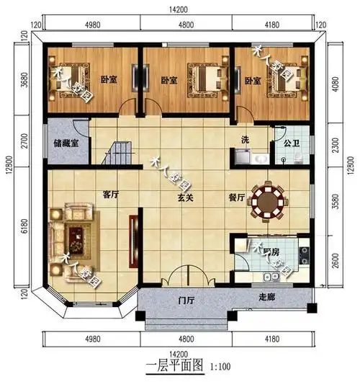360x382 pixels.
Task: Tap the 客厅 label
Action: coord(110,195)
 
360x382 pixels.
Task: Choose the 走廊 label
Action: coord(268,297)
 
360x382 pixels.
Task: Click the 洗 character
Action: coord(245,140)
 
